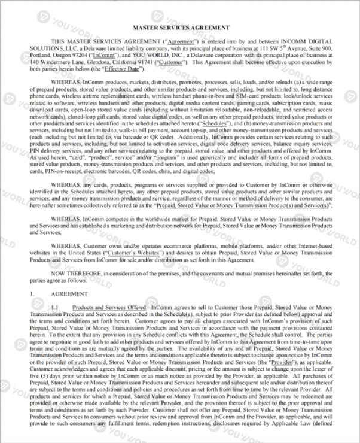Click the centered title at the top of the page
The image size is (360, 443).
(x=180, y=27)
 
